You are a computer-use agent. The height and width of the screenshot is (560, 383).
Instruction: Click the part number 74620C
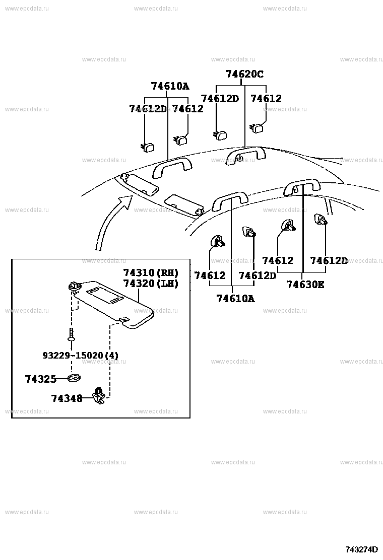tap(244, 74)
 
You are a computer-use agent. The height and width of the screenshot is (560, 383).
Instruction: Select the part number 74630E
tap(305, 285)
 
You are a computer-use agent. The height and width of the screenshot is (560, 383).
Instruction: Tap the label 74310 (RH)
tap(151, 272)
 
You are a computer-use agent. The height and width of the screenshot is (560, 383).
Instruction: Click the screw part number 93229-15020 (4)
tap(80, 356)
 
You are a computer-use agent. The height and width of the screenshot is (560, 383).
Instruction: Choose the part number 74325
tap(40, 379)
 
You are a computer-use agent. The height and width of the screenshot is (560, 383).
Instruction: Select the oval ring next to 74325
tap(74, 378)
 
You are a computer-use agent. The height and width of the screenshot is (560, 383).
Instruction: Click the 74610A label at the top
tap(170, 86)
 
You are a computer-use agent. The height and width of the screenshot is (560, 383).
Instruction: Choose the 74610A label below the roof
tap(235, 298)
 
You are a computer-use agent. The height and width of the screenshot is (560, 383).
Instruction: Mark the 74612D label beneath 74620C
tap(220, 99)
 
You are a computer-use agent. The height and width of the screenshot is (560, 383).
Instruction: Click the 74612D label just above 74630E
tap(329, 260)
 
